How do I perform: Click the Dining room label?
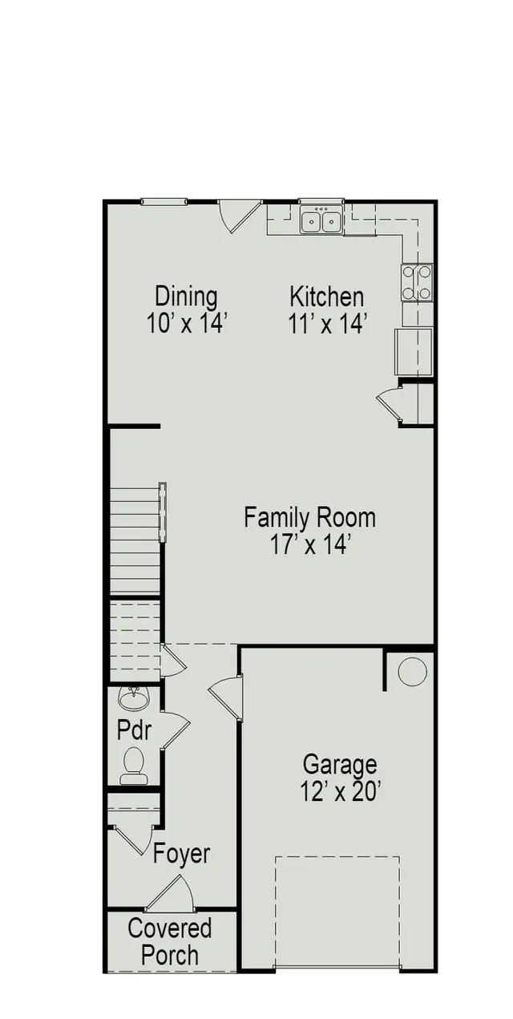tap(186, 297)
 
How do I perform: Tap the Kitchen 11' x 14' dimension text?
tap(327, 323)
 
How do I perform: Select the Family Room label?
tap(309, 516)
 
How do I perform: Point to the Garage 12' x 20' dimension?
tap(340, 791)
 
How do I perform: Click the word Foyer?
tap(182, 854)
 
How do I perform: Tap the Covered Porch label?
tap(170, 942)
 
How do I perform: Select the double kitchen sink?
tap(321, 219)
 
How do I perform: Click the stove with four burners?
tap(417, 282)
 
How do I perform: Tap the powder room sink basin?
tap(133, 698)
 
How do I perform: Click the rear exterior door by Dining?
tap(239, 214)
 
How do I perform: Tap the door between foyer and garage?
tap(226, 696)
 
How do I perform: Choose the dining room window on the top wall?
tap(164, 201)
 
